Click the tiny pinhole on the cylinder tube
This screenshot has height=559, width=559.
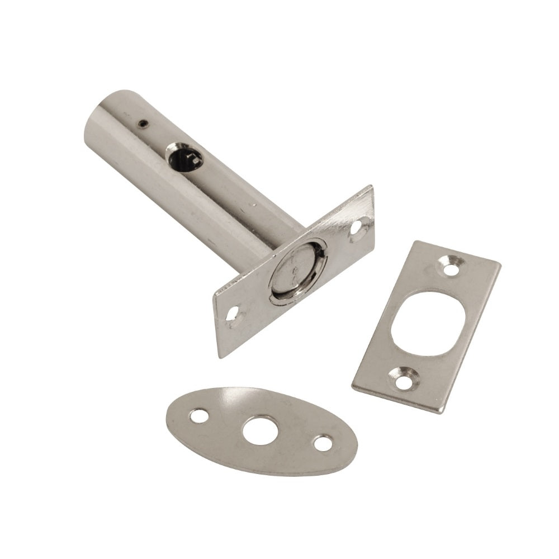(144, 124)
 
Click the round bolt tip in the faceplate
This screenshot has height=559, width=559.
(296, 272)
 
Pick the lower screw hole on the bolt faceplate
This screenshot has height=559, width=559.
(234, 315)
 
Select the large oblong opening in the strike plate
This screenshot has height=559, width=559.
(426, 323)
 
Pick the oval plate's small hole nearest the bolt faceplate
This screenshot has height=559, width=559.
(198, 416)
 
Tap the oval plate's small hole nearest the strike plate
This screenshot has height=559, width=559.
(323, 443)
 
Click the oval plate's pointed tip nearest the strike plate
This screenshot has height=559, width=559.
(356, 447)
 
